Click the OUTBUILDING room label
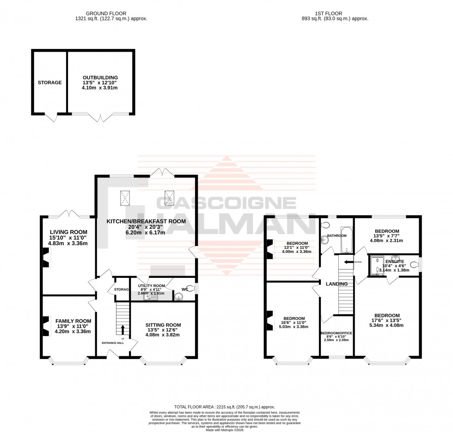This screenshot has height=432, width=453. point(100,78)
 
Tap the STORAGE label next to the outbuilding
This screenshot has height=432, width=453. point(49,83)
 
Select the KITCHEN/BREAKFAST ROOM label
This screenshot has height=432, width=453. point(146,222)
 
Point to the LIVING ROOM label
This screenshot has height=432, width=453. point(69,232)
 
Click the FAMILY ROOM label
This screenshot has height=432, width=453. point(73,321)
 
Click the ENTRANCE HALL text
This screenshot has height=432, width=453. point(113,343)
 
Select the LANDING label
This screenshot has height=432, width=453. point(337,283)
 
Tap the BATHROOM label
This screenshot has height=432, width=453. point(337,236)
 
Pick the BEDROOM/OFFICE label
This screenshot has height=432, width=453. point(336,333)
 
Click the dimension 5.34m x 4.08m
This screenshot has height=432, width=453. point(387,325)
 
